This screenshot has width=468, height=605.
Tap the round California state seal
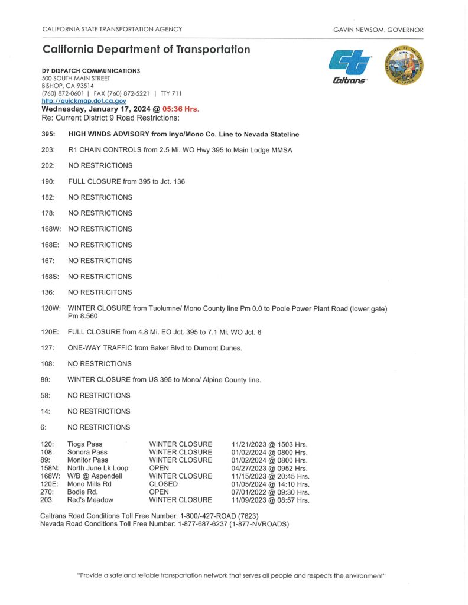pos(404,66)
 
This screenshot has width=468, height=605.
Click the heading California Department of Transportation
pos(147,50)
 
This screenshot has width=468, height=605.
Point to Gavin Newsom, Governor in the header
pos(378,30)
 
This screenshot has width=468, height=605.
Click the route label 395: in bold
pos(49,134)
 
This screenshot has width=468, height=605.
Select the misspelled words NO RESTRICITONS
pos(100,292)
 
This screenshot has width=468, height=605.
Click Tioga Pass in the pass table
pos(85,444)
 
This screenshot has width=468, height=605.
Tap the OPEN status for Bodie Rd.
pos(160,492)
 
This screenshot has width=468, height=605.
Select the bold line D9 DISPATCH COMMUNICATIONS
pos(90,71)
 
